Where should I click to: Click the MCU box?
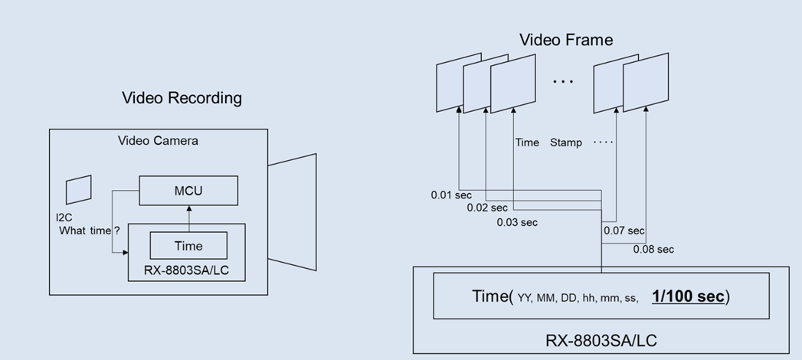pos(188,190)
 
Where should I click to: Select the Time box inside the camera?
pos(188,245)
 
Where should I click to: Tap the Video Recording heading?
pos(182,98)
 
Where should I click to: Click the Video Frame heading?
pos(566,40)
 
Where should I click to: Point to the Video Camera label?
pos(158,141)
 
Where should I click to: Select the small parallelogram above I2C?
pos(78,190)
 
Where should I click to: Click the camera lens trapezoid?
pos(293,212)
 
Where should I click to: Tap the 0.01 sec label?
pos(450,195)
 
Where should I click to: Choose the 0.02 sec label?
pos(487,208)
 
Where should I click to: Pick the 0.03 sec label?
pos(517,222)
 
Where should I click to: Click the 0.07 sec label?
pos(624,230)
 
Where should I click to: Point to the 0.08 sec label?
pos(653,249)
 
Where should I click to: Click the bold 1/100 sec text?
pos(688,296)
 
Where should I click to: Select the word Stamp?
pos(566,142)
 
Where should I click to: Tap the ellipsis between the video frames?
pos(563,81)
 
